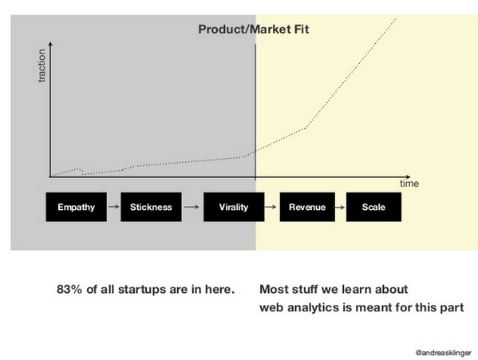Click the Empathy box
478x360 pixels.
76,208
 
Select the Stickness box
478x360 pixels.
151,208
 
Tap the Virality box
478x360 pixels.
233,208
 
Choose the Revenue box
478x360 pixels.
307,208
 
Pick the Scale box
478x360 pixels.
373,208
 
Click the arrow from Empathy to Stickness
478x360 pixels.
113,208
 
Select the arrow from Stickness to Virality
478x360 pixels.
192,208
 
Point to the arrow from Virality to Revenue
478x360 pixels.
271,208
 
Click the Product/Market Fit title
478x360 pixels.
253,30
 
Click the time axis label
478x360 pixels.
409,184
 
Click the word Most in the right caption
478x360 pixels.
274,288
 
